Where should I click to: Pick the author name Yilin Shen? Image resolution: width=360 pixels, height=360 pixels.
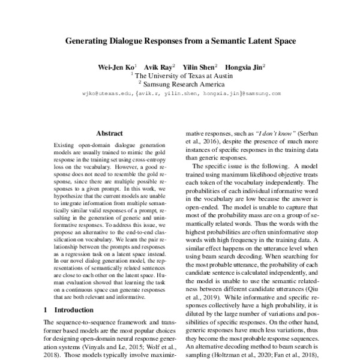[x=201, y=67]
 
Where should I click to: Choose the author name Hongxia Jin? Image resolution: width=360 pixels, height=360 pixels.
[x=247, y=67]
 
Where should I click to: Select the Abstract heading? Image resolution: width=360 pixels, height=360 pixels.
[x=109, y=133]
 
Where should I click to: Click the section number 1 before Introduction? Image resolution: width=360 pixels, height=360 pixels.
[x=47, y=310]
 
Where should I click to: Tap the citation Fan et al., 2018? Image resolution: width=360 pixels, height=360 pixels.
[x=293, y=355]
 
